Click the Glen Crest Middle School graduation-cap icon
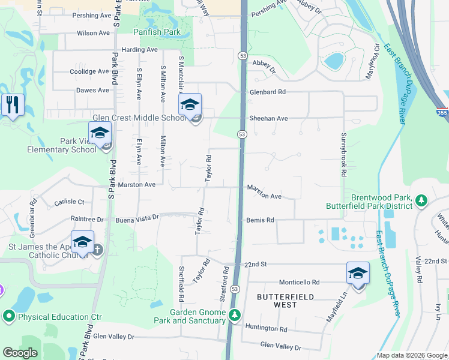click(190, 104)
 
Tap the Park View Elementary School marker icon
click(100, 133)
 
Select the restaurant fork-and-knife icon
click(13, 104)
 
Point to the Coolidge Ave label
click(90, 71)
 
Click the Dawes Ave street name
click(92, 91)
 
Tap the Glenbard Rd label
click(268, 92)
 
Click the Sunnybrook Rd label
click(344, 154)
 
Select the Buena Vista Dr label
click(137, 218)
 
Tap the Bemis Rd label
click(261, 220)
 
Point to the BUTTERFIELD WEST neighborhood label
click(277, 301)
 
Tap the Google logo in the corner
click(20, 353)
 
